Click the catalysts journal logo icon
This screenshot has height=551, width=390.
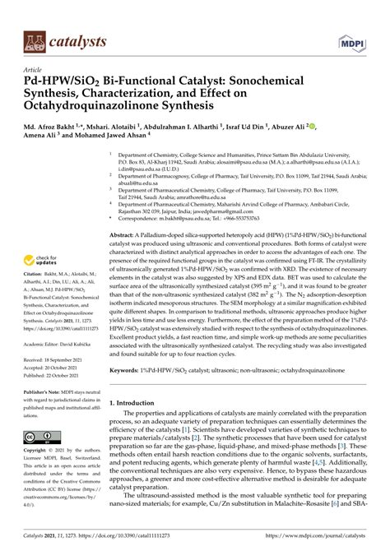click(34, 38)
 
